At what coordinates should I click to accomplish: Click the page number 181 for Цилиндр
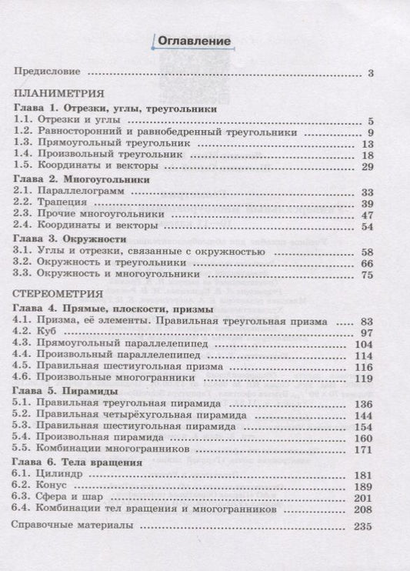click(x=364, y=476)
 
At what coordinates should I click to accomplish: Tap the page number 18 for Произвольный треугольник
click(x=367, y=155)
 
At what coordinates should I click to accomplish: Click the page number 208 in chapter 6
click(x=364, y=513)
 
